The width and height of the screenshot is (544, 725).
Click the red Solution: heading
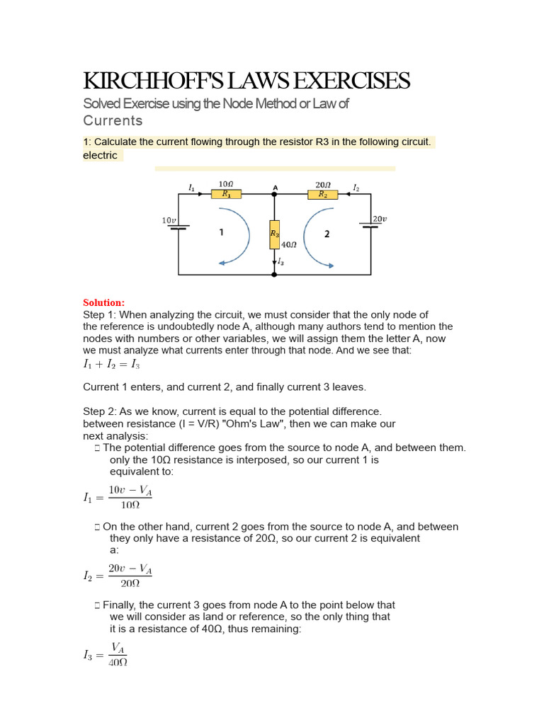tap(103, 302)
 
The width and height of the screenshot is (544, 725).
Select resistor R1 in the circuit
tap(226, 193)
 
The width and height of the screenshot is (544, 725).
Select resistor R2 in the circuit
tap(322, 193)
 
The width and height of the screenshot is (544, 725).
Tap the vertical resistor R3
tap(274, 234)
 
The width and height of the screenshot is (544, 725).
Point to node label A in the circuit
tap(275, 187)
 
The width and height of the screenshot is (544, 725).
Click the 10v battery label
tap(169, 220)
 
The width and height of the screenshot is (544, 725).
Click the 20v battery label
tap(380, 219)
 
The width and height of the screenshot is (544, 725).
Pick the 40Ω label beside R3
tap(288, 244)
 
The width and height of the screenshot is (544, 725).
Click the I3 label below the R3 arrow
tap(281, 262)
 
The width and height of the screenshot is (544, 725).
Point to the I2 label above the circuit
tap(356, 188)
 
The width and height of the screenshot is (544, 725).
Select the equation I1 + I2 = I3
tap(112, 365)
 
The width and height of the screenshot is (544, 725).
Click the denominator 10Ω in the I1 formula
tap(130, 505)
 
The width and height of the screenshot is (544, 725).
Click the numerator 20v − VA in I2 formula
tap(130, 569)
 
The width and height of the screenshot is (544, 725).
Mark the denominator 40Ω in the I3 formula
tap(118, 663)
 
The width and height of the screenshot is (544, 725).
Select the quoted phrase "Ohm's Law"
tap(226, 423)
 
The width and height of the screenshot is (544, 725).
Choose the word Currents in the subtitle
tap(113, 120)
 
